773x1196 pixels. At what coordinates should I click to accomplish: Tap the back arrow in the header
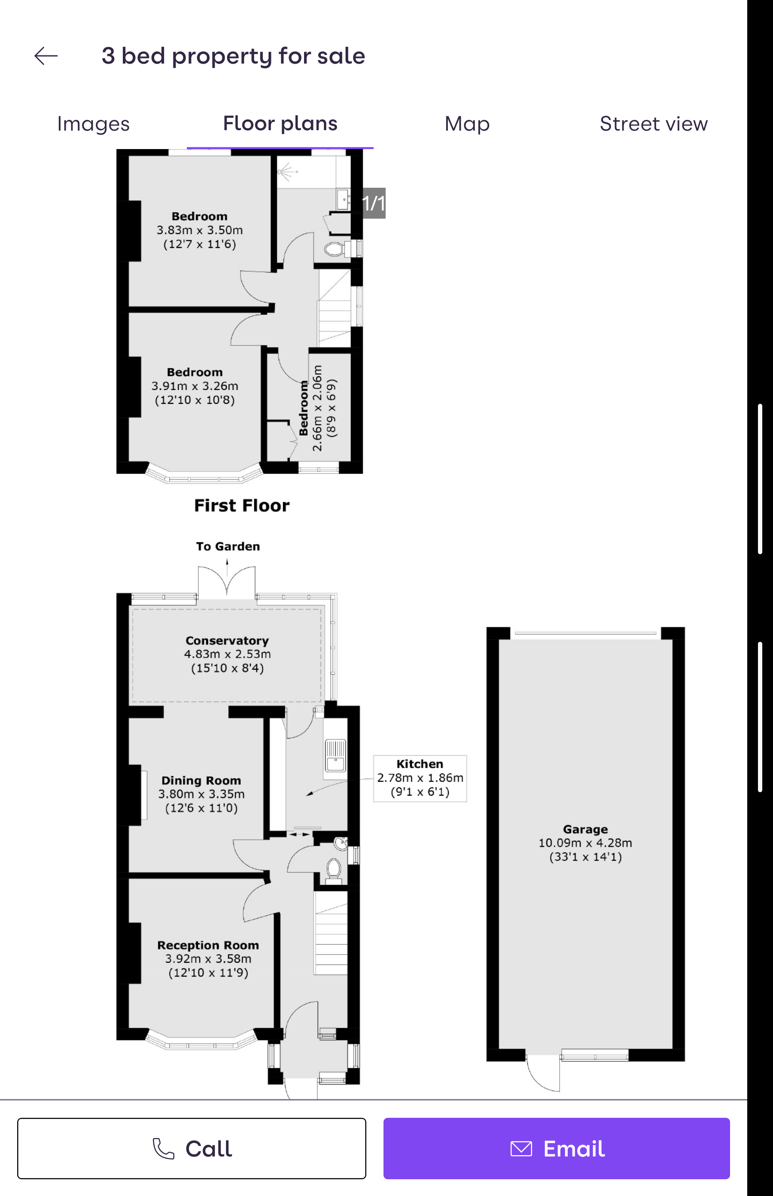tap(46, 56)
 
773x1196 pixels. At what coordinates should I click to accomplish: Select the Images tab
tap(93, 124)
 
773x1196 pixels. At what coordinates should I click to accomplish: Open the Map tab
tap(467, 124)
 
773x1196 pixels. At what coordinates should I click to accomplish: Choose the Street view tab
tap(654, 124)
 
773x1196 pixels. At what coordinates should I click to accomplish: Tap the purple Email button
tap(556, 1148)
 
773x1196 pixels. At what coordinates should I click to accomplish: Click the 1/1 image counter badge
tap(374, 203)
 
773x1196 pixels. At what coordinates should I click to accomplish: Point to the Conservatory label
tap(227, 641)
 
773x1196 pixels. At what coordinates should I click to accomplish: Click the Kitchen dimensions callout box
tap(420, 778)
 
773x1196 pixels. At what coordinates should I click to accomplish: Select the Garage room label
tap(585, 830)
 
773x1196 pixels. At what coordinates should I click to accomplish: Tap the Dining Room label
tap(201, 781)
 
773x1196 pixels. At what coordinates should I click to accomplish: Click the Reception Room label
tap(208, 946)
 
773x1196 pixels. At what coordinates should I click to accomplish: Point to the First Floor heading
tap(242, 506)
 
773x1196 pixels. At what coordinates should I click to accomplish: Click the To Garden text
tap(228, 546)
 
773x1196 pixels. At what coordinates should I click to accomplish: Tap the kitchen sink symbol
tap(335, 756)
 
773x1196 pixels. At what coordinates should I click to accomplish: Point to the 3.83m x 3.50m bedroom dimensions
tap(200, 230)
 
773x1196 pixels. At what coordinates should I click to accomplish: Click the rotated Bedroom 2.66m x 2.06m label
tap(318, 408)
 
